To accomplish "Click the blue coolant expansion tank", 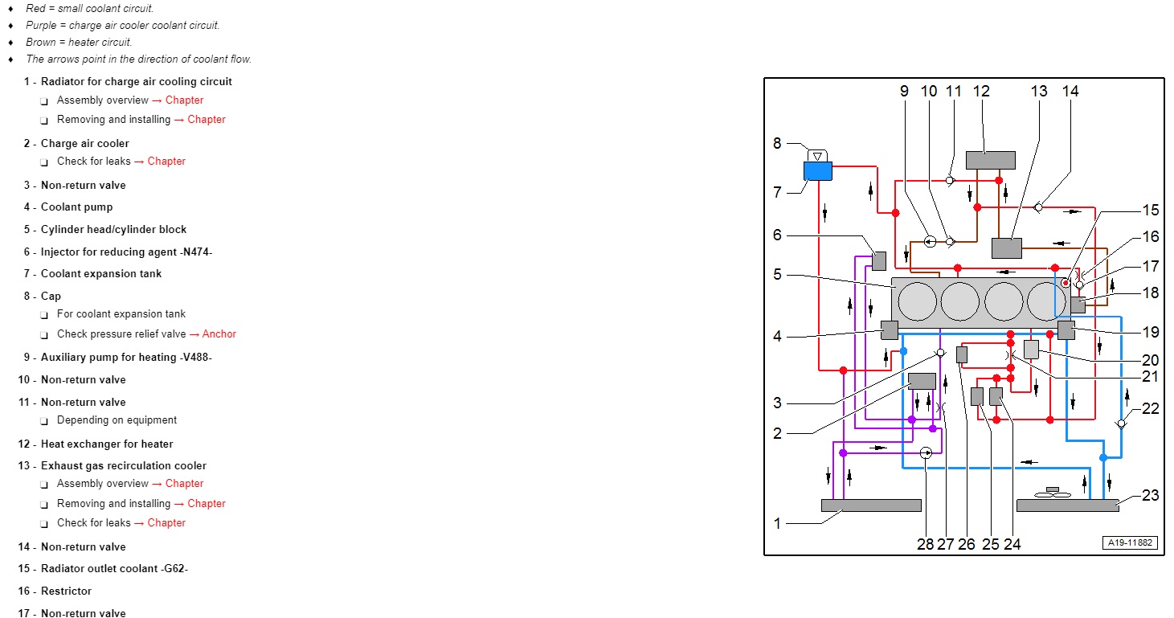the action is [x=817, y=171].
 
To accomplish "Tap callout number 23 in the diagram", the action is [x=1150, y=495].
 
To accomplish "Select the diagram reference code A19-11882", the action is [x=1130, y=542].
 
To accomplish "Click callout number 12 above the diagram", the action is [x=981, y=91].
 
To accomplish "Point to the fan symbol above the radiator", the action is [x=1052, y=492].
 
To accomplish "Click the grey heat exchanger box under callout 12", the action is [x=991, y=161].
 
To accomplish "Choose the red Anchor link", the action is [x=219, y=334].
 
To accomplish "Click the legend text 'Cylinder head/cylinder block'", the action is [x=114, y=230].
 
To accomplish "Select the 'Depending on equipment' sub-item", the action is [x=117, y=420].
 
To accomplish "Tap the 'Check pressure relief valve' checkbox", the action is [x=44, y=335].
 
